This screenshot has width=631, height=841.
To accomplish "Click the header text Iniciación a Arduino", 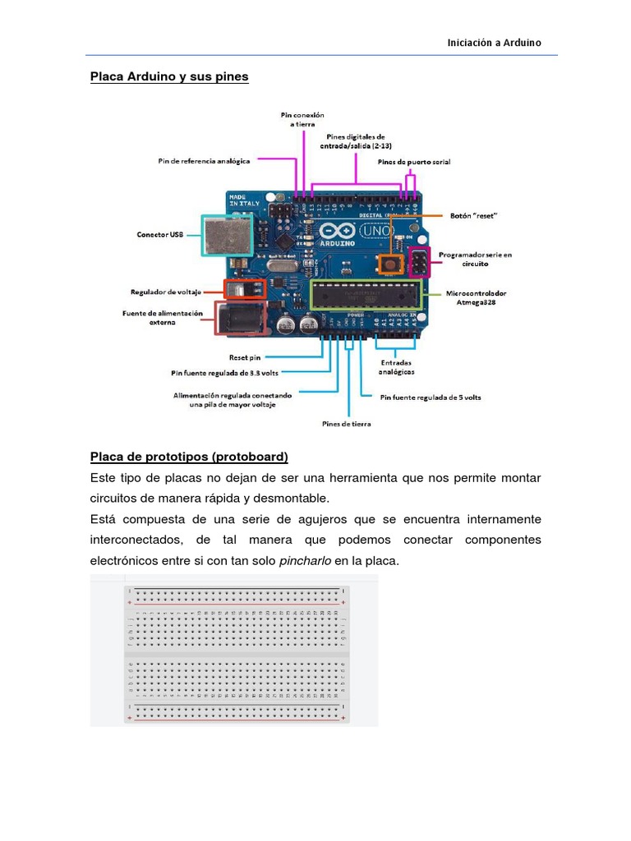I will tap(494, 43).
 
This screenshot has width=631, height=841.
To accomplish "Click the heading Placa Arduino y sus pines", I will tap(168, 76).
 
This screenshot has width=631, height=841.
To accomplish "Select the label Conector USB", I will tap(159, 235).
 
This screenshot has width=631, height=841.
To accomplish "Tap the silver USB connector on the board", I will tap(223, 236).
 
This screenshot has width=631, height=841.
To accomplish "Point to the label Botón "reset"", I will tap(474, 216).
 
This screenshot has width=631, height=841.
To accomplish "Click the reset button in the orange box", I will tap(389, 264).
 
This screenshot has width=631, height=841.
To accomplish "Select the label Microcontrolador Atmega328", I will tap(476, 296).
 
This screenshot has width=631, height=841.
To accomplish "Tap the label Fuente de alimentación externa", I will tap(161, 317).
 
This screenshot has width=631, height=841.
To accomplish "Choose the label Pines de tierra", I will tap(345, 424).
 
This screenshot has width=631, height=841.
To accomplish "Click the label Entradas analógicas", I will tap(396, 367).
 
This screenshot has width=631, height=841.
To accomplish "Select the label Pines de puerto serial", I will tap(414, 162).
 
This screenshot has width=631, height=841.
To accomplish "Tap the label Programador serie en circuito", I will tap(474, 260).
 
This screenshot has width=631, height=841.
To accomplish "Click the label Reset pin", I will tap(245, 357).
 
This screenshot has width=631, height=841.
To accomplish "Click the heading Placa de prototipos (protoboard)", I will tap(189, 457).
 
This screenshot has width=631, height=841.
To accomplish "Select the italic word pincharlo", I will tap(306, 562).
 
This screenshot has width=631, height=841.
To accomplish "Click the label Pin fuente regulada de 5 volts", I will tap(431, 398).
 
